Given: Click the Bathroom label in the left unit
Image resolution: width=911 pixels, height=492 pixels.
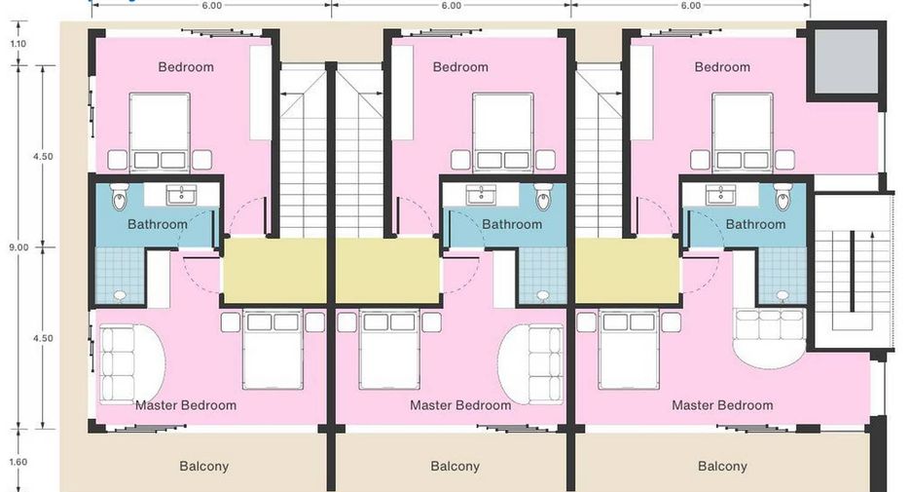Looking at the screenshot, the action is (x=158, y=224).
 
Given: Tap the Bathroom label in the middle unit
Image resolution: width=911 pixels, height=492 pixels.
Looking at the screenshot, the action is (x=512, y=224).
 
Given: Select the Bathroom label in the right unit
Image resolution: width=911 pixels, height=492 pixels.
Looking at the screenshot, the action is (x=755, y=224).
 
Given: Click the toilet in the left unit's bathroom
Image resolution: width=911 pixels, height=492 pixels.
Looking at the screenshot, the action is (x=119, y=198).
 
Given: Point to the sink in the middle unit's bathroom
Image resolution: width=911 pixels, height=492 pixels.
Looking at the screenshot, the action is (x=481, y=194).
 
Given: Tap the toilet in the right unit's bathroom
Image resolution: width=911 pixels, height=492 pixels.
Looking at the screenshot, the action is (x=783, y=198).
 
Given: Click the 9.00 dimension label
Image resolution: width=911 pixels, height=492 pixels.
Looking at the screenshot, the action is (x=18, y=247).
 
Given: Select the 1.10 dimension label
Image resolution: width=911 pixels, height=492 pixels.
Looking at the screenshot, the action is (x=18, y=44).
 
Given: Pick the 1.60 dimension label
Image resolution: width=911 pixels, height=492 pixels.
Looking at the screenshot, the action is (x=18, y=462).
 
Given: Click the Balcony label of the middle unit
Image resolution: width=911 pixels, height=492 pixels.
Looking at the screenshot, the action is (x=455, y=466).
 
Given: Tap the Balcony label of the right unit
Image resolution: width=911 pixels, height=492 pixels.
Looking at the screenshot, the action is (x=722, y=466).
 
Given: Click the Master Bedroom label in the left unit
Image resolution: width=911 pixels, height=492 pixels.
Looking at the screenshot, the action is (x=186, y=405).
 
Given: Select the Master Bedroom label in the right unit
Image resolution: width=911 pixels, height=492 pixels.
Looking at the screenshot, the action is (x=722, y=405).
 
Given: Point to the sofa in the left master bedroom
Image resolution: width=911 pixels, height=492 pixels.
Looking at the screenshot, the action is (x=118, y=363).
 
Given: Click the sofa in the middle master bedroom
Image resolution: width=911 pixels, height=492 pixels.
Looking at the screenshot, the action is (x=546, y=364).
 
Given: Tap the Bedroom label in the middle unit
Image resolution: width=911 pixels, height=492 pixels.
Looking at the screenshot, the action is (x=460, y=67).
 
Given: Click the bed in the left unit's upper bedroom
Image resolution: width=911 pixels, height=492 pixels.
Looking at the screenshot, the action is (x=160, y=132).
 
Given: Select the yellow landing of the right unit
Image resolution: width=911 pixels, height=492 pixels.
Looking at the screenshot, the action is (x=628, y=271).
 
